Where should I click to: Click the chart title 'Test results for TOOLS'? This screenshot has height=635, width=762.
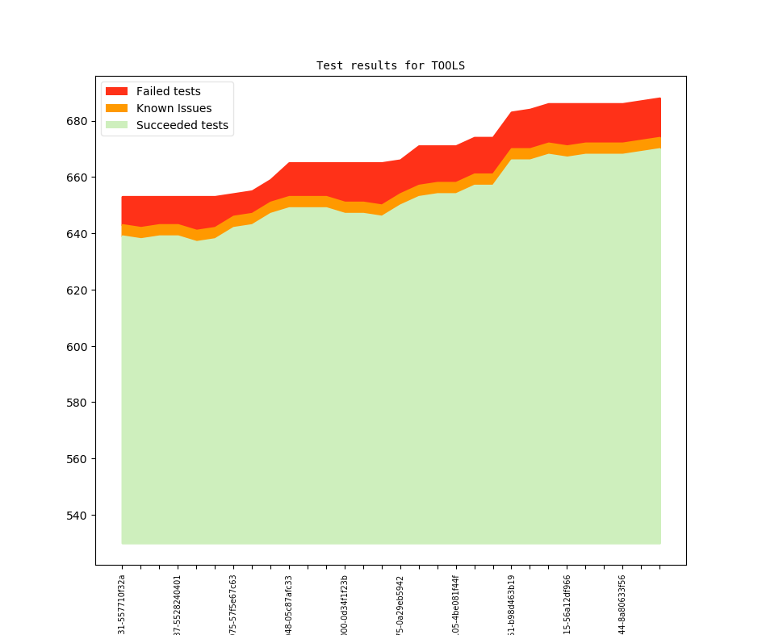click(x=390, y=65)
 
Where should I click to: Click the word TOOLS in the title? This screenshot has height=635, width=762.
click(x=448, y=65)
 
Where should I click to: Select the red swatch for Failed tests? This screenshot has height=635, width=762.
click(x=117, y=91)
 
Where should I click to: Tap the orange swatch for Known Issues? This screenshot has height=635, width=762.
click(x=117, y=108)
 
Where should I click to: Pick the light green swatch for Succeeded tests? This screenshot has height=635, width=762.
click(x=117, y=125)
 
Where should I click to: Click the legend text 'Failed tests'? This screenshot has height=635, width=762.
click(x=168, y=91)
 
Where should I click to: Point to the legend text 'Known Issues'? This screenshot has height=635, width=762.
click(x=174, y=108)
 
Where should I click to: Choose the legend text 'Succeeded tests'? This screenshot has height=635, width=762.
click(x=182, y=125)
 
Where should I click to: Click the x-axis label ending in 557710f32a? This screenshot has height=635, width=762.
click(x=122, y=604)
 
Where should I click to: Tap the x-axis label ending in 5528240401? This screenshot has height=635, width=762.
click(x=178, y=604)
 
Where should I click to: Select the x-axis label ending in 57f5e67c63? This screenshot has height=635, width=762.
click(x=233, y=604)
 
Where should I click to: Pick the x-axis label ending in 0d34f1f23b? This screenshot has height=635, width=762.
click(x=345, y=604)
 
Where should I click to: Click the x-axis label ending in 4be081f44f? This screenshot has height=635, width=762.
click(x=456, y=604)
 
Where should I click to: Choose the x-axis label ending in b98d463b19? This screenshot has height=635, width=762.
click(x=512, y=604)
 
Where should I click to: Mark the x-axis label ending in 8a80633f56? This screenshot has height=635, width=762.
click(x=622, y=604)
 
